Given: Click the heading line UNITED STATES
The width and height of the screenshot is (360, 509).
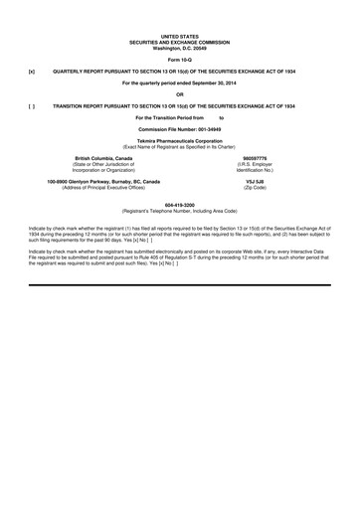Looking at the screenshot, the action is pos(180,36).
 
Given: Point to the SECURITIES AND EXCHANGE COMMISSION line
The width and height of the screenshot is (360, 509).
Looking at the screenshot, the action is pos(180,42).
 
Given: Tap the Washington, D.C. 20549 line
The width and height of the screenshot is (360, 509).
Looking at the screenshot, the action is pos(180,48).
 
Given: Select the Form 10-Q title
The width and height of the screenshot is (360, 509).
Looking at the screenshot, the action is pos(180,60).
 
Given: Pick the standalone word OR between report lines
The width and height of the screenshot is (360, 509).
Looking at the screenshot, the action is pos(180,93).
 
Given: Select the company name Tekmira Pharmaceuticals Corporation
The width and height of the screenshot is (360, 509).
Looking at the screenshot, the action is pos(180,141).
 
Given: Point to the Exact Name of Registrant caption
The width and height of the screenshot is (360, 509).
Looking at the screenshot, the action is pos(180,147).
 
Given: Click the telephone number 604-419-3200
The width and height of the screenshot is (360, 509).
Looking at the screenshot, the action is pos(180,205).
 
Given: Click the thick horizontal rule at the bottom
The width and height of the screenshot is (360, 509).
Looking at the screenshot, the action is pos(180,256).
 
